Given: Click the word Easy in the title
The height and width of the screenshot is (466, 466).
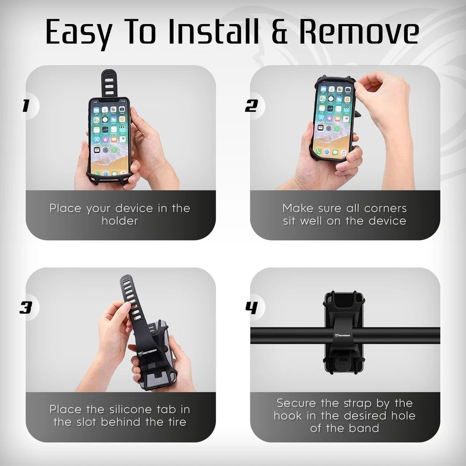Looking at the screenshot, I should tap(78, 32).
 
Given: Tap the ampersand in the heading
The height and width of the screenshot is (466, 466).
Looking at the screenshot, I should tap(281, 32).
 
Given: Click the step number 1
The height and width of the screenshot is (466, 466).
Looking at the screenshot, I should tap(26, 106).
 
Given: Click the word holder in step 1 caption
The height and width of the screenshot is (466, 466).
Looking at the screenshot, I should tap(120, 221).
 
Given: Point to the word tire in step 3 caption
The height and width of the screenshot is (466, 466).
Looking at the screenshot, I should tap(177, 422).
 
